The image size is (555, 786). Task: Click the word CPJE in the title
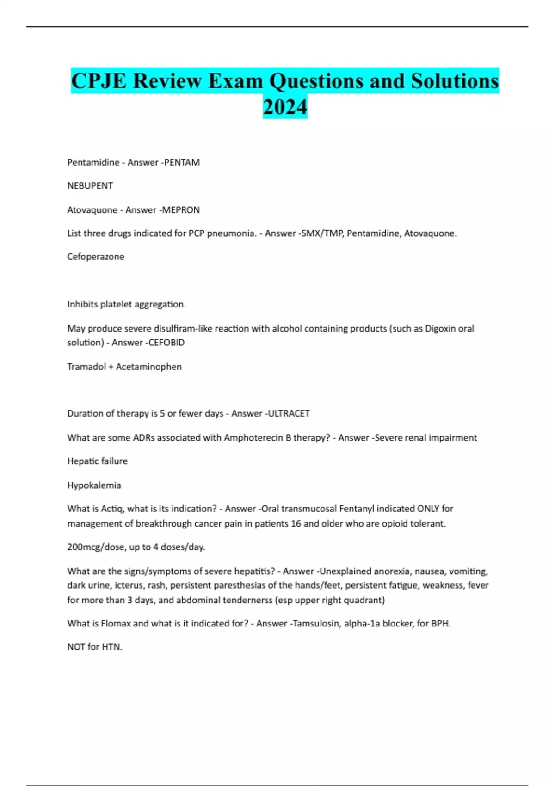tap(99, 81)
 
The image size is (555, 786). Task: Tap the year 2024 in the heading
tap(285, 107)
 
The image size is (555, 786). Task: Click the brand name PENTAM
tap(182, 162)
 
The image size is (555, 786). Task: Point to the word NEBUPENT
tap(90, 186)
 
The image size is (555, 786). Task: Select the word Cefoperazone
tap(96, 257)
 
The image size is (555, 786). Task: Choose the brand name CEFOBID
tap(166, 343)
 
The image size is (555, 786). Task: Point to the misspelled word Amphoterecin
tap(253, 437)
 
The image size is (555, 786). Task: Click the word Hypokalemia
tap(94, 485)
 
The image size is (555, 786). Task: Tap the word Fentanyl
tap(357, 509)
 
